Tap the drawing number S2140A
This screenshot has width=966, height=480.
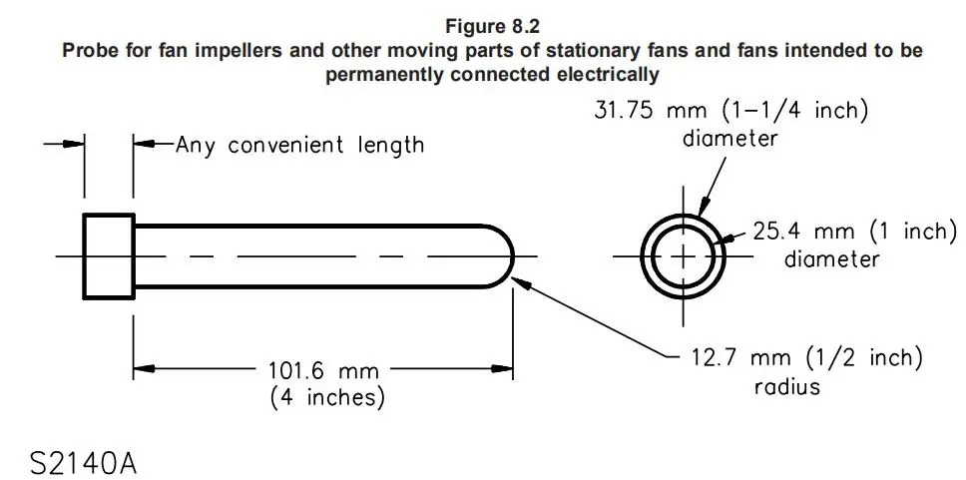tap(83, 463)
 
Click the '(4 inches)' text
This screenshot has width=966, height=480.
tap(327, 397)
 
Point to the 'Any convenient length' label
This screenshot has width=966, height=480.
tap(300, 146)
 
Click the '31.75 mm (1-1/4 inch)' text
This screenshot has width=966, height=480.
tap(730, 111)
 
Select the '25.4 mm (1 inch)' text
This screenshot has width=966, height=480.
tap(855, 232)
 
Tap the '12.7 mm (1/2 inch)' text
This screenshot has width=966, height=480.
tap(805, 358)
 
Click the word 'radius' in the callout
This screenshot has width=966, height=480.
tap(787, 386)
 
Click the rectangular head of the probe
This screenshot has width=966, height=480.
tap(109, 256)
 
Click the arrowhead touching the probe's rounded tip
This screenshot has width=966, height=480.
tap(521, 283)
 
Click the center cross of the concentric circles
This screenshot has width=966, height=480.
tap(683, 256)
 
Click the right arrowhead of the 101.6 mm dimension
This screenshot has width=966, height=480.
tap(503, 369)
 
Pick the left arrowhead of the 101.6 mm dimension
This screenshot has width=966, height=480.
tap(144, 369)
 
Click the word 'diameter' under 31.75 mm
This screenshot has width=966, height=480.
tap(730, 138)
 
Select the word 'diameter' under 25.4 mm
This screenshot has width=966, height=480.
tap(831, 258)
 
